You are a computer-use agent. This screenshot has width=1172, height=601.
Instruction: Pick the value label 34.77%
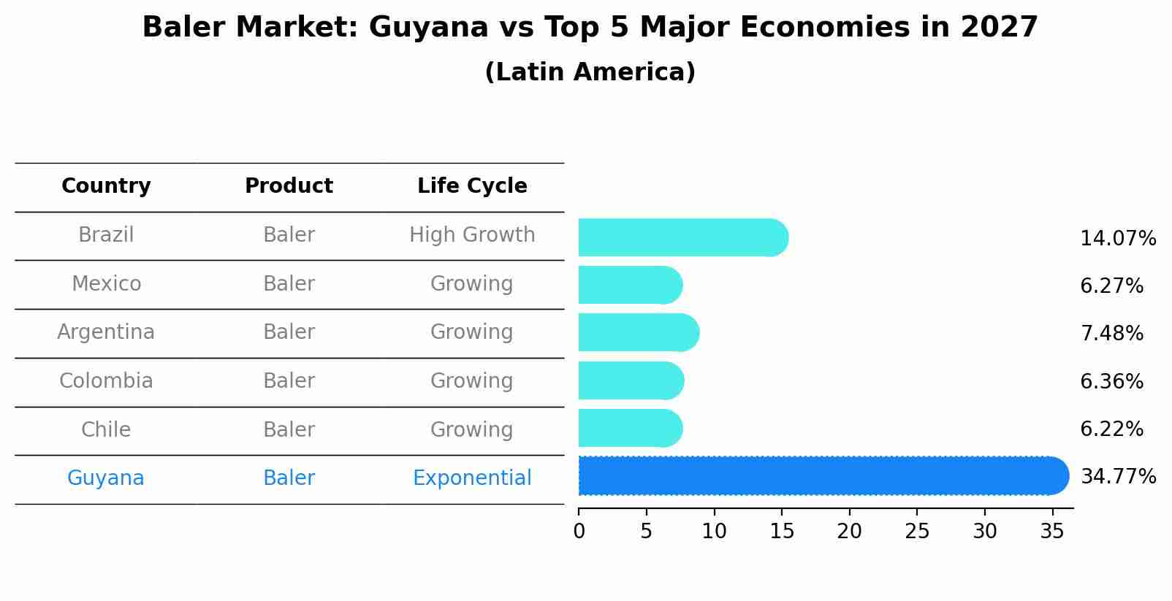(x=1118, y=477)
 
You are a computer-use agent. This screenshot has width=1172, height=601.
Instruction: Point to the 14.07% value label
(x=1118, y=239)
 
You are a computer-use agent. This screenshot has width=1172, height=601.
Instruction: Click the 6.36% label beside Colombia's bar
(x=1111, y=381)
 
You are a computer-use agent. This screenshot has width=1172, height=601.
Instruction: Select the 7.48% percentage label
(x=1111, y=334)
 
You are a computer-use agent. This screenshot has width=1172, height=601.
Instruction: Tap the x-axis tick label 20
(x=850, y=532)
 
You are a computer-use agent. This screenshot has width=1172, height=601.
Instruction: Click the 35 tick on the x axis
(x=1052, y=532)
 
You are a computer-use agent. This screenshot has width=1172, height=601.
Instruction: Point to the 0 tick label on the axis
(x=579, y=532)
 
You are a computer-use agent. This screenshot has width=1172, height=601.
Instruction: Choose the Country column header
(x=106, y=186)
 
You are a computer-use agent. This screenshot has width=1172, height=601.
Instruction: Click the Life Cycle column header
(x=472, y=186)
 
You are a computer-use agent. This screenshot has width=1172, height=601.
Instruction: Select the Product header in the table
(x=289, y=186)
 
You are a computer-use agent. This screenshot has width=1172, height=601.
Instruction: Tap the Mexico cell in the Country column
(x=106, y=283)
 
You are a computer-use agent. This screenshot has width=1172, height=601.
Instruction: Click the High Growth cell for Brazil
(x=472, y=235)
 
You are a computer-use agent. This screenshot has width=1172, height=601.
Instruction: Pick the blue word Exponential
(x=472, y=478)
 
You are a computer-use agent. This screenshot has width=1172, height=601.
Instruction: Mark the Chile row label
(x=106, y=429)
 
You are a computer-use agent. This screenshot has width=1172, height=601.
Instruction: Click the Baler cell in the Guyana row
(x=289, y=478)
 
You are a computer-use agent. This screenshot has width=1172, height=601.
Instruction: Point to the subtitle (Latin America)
(x=590, y=72)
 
